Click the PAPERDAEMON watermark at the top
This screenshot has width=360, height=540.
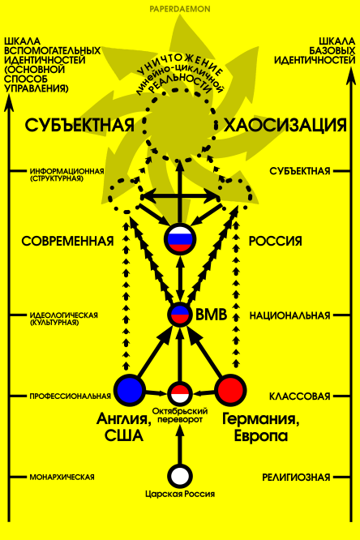pyautogui.click(x=180, y=9)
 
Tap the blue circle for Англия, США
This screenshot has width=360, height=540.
pyautogui.click(x=130, y=389)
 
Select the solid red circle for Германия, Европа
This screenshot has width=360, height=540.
pyautogui.click(x=231, y=390)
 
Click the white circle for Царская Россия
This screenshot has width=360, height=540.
pyautogui.click(x=179, y=476)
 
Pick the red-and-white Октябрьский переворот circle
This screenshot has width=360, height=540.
pyautogui.click(x=180, y=392)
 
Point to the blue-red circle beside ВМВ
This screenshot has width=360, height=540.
pyautogui.click(x=180, y=314)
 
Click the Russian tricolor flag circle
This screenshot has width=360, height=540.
pyautogui.click(x=179, y=238)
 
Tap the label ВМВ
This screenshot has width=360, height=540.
pyautogui.click(x=211, y=315)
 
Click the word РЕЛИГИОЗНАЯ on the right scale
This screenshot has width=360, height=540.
pyautogui.click(x=296, y=478)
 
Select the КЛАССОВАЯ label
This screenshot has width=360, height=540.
pyautogui.click(x=299, y=396)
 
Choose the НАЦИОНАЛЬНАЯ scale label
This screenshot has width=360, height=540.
pyautogui.click(x=289, y=315)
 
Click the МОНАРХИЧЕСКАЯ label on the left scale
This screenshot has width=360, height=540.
pyautogui.click(x=62, y=477)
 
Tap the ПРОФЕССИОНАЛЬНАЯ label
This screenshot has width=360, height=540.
pyautogui.click(x=71, y=396)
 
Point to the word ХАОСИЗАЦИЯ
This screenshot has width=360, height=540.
pyautogui.click(x=285, y=125)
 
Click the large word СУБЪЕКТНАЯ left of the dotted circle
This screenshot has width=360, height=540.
pyautogui.click(x=79, y=125)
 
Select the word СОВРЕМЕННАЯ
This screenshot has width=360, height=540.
pyautogui.click(x=67, y=241)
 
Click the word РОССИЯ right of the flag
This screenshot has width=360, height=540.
pyautogui.click(x=275, y=241)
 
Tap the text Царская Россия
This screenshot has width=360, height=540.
pyautogui.click(x=180, y=494)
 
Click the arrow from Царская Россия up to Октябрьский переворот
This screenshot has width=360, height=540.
pyautogui.click(x=179, y=445)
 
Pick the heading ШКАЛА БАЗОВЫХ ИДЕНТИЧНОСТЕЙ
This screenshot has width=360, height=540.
pyautogui.click(x=315, y=50)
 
